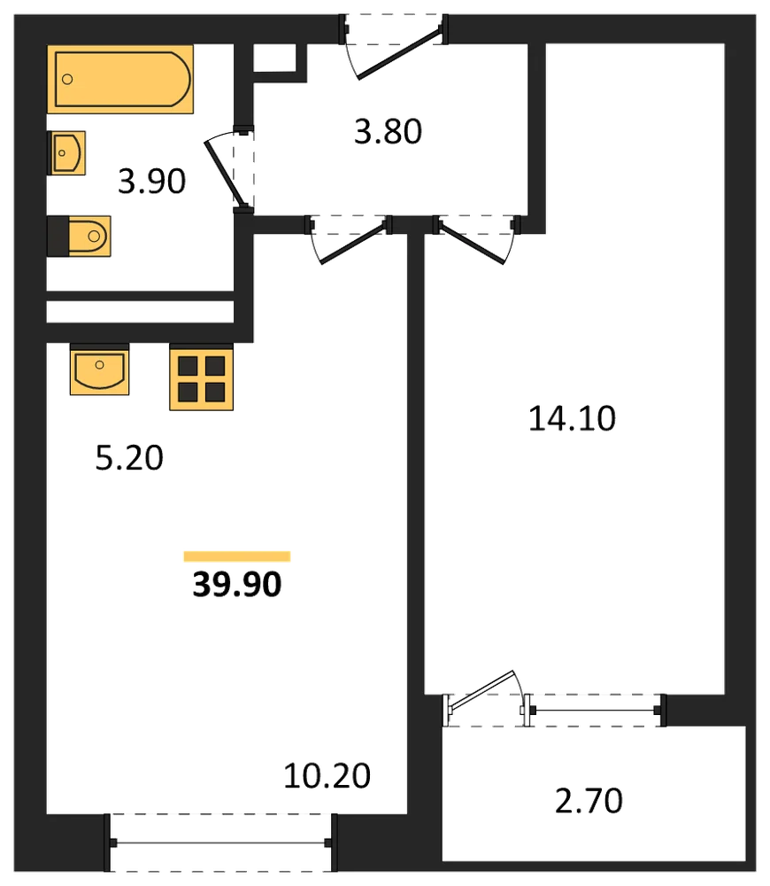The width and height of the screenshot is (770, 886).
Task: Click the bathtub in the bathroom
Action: (120, 79)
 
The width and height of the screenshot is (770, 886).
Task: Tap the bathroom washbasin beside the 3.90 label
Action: (66, 153)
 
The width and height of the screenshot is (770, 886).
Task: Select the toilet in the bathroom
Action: (79, 237)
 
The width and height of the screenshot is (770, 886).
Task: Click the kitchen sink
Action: (99, 369)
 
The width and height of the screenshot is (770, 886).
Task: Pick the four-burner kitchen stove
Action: (202, 377)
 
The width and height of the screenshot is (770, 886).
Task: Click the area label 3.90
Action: (152, 182)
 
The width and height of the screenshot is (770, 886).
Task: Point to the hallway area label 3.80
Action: (388, 132)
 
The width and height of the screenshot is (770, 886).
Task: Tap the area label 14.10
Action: (572, 419)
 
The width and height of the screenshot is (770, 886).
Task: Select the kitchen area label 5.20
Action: (129, 458)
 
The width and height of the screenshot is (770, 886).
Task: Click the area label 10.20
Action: (327, 776)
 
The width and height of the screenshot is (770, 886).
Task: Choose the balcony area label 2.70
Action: (589, 801)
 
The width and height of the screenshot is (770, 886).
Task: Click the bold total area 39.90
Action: (237, 584)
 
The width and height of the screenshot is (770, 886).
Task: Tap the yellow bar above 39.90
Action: (237, 556)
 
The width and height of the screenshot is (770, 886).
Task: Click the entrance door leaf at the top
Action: (400, 52)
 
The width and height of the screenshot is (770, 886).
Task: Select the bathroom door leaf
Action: (226, 173)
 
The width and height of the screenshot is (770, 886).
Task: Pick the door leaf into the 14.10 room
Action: (472, 245)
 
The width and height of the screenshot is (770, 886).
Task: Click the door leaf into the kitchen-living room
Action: (355, 245)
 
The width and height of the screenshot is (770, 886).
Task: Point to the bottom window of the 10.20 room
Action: (220, 843)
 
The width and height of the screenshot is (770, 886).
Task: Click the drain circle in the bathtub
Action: (67, 79)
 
